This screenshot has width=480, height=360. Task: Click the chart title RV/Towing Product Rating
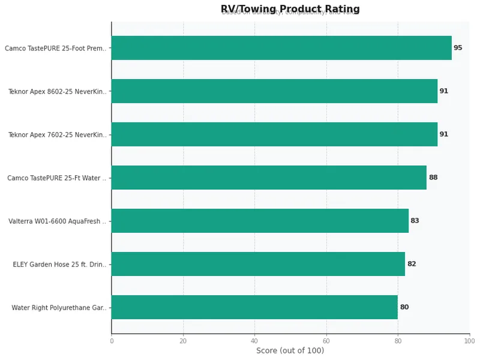pos(290,9)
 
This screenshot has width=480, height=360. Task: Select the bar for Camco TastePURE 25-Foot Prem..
pos(281,48)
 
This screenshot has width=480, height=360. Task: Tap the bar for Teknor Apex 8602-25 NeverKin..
pos(274,91)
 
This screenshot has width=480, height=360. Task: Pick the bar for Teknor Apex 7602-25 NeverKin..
pos(274,134)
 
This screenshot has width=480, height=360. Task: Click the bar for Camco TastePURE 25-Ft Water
pos(269,178)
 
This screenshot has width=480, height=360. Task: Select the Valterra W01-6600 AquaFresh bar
pos(260,221)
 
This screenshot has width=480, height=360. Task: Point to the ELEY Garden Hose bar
pos(258,264)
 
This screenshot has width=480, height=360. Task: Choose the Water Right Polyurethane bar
pos(254,307)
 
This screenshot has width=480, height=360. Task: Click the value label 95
pos(458,48)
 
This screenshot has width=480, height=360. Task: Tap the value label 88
pos(433,178)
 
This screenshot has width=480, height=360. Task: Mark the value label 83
pos(415,221)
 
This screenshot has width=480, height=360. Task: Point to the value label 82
pos(412,264)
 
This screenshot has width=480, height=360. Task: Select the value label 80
pos(404,307)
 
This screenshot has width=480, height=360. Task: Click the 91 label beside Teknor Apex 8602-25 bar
pos(444,91)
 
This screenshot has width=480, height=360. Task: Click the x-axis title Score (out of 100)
pos(290,351)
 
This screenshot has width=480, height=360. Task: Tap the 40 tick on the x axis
pos(254,341)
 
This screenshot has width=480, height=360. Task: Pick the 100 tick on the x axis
pos(469,341)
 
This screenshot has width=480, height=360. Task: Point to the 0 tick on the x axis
pos(112,341)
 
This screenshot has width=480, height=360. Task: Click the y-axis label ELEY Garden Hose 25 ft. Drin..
pos(59,265)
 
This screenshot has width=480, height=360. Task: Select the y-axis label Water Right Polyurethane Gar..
pos(59,308)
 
